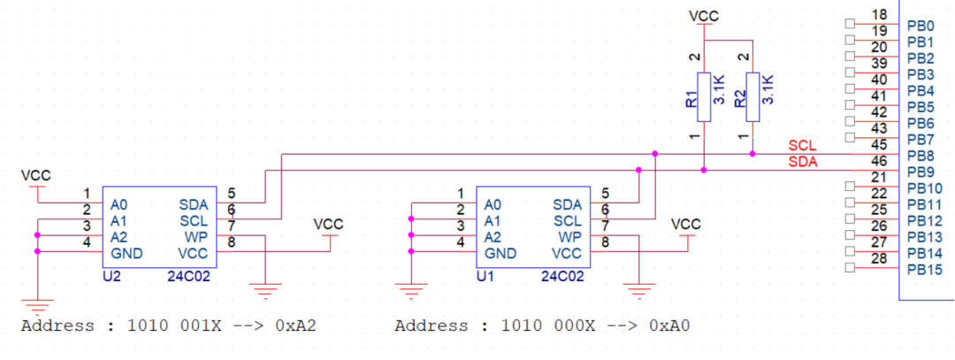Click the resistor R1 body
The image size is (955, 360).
[703, 91]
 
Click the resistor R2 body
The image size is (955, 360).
[752, 91]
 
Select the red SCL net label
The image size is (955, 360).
[802, 146]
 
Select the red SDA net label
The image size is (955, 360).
[802, 162]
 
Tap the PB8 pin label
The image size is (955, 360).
[921, 156]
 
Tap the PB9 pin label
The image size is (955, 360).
[921, 172]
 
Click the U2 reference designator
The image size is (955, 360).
[111, 276]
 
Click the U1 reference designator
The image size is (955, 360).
[485, 276]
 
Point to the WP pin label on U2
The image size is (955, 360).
[196, 236]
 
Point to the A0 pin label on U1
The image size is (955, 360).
[493, 203]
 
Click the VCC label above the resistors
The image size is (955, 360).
[703, 16]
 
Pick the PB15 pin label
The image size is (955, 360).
[924, 268]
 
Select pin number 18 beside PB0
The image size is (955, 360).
[879, 15]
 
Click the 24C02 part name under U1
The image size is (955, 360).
[562, 276]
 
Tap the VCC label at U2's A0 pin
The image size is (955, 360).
[35, 176]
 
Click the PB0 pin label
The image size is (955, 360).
[921, 27]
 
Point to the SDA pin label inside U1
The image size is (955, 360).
[568, 203]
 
